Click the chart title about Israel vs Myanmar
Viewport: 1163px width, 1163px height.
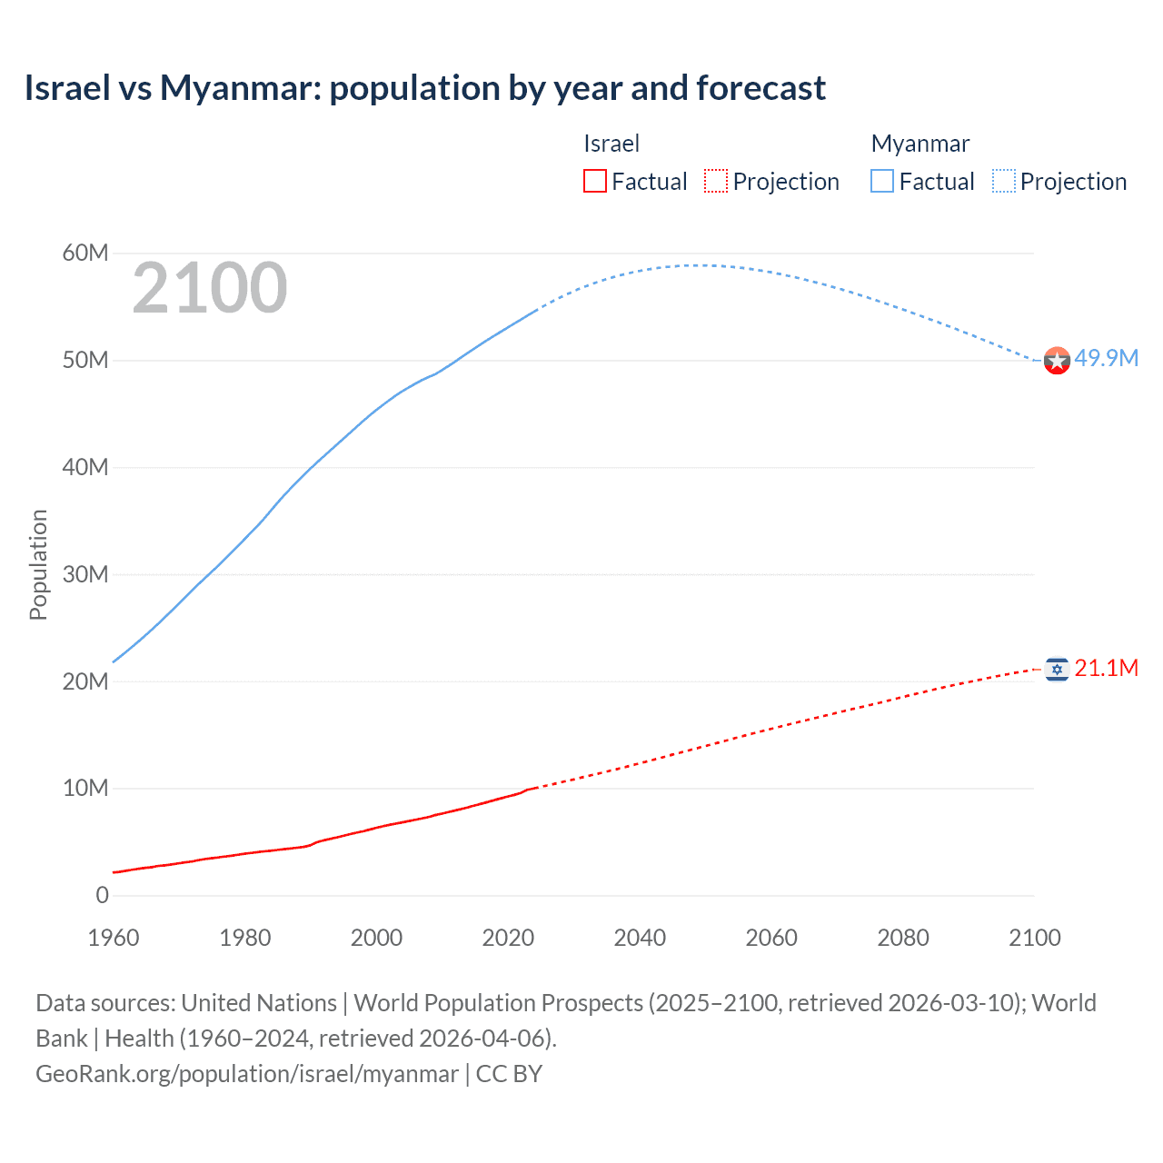pyautogui.click(x=425, y=88)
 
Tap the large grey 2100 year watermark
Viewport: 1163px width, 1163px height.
pyautogui.click(x=210, y=288)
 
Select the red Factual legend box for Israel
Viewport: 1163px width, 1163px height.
pyautogui.click(x=595, y=182)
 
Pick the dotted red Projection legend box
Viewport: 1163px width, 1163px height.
pyautogui.click(x=716, y=182)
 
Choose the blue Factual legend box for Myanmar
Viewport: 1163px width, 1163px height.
pyautogui.click(x=882, y=182)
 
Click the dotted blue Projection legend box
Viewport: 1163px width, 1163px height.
pyautogui.click(x=1004, y=182)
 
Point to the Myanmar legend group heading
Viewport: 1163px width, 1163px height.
pyautogui.click(x=920, y=144)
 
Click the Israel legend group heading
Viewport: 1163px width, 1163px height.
pyautogui.click(x=611, y=144)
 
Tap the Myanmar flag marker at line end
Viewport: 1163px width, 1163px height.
pyautogui.click(x=1057, y=361)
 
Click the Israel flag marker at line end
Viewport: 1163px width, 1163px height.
pyautogui.click(x=1057, y=670)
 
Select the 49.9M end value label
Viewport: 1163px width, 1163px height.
pyautogui.click(x=1106, y=358)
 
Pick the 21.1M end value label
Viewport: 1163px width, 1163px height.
pyautogui.click(x=1106, y=669)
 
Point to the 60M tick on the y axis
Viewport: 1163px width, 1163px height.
pyautogui.click(x=85, y=253)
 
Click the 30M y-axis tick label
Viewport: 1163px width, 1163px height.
pyautogui.click(x=85, y=574)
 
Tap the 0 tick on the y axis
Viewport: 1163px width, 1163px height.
pyautogui.click(x=102, y=895)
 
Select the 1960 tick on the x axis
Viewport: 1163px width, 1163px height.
pyautogui.click(x=114, y=938)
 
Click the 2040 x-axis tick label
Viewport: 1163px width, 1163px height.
pyautogui.click(x=640, y=938)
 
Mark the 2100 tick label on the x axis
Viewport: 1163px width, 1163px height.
pyautogui.click(x=1034, y=938)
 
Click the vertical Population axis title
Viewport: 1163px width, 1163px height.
pyautogui.click(x=38, y=564)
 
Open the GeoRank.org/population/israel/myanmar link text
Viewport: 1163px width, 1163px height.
pyautogui.click(x=247, y=1074)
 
